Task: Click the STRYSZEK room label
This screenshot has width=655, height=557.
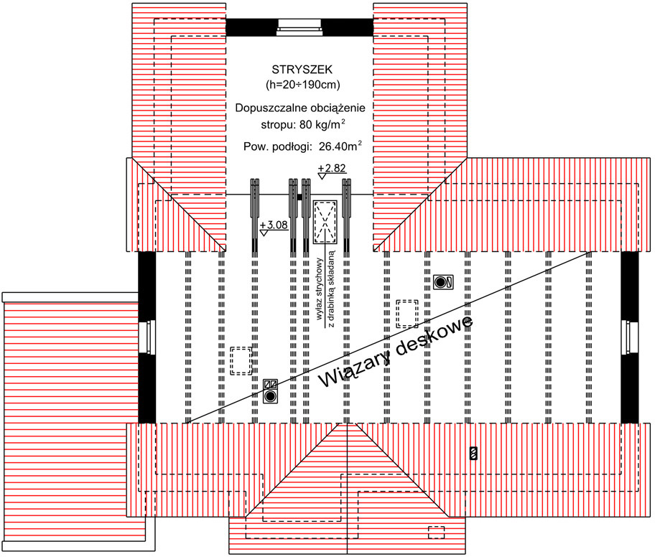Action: (x=302, y=70)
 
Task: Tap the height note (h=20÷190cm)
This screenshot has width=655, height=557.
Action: (x=303, y=85)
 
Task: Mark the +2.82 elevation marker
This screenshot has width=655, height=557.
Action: (x=332, y=171)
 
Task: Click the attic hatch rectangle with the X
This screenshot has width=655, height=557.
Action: (x=325, y=222)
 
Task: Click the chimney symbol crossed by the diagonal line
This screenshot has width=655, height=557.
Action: (x=270, y=391)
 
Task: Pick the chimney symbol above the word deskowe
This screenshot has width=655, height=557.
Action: (x=443, y=282)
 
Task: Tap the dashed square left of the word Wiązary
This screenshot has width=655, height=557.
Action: (x=241, y=360)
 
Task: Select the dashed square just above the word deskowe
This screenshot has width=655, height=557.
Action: (x=407, y=314)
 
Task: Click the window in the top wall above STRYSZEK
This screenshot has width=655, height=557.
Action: (x=299, y=27)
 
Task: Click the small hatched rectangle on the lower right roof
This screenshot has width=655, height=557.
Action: (x=473, y=453)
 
